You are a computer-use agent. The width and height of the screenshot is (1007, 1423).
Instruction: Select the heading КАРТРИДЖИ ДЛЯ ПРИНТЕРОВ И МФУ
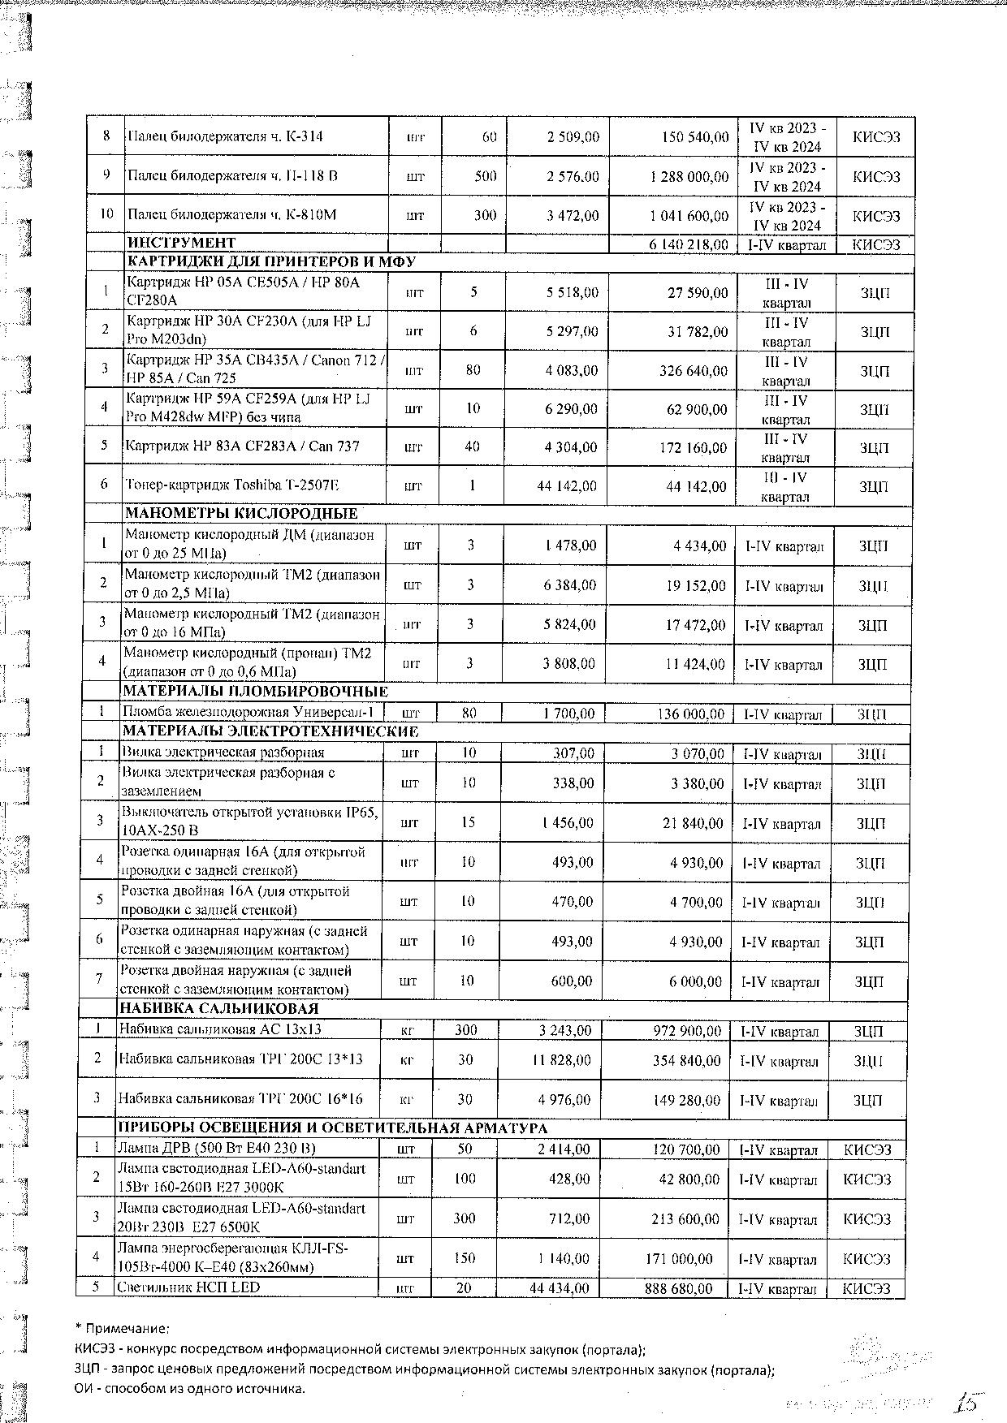tap(270, 262)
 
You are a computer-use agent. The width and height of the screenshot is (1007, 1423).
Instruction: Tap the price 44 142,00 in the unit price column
tap(567, 486)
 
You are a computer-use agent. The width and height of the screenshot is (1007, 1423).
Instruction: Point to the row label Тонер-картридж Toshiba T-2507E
tap(232, 485)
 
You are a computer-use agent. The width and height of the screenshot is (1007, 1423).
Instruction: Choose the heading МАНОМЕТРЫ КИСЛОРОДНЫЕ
tap(240, 513)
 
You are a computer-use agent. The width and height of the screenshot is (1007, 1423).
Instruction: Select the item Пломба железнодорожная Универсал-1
tap(249, 713)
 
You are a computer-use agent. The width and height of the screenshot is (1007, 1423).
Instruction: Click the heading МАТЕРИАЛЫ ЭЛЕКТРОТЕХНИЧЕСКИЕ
tap(270, 731)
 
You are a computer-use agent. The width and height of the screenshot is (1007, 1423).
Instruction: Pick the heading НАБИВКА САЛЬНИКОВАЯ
tap(218, 1009)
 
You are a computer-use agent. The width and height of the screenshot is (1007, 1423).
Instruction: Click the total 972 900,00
tap(687, 1031)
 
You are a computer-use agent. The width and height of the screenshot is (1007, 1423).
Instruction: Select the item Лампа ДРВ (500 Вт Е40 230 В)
tap(216, 1148)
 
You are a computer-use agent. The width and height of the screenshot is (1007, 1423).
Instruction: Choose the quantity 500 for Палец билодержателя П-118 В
tap(485, 176)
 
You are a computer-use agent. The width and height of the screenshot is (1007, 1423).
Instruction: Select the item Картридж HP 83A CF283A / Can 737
tap(242, 446)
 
